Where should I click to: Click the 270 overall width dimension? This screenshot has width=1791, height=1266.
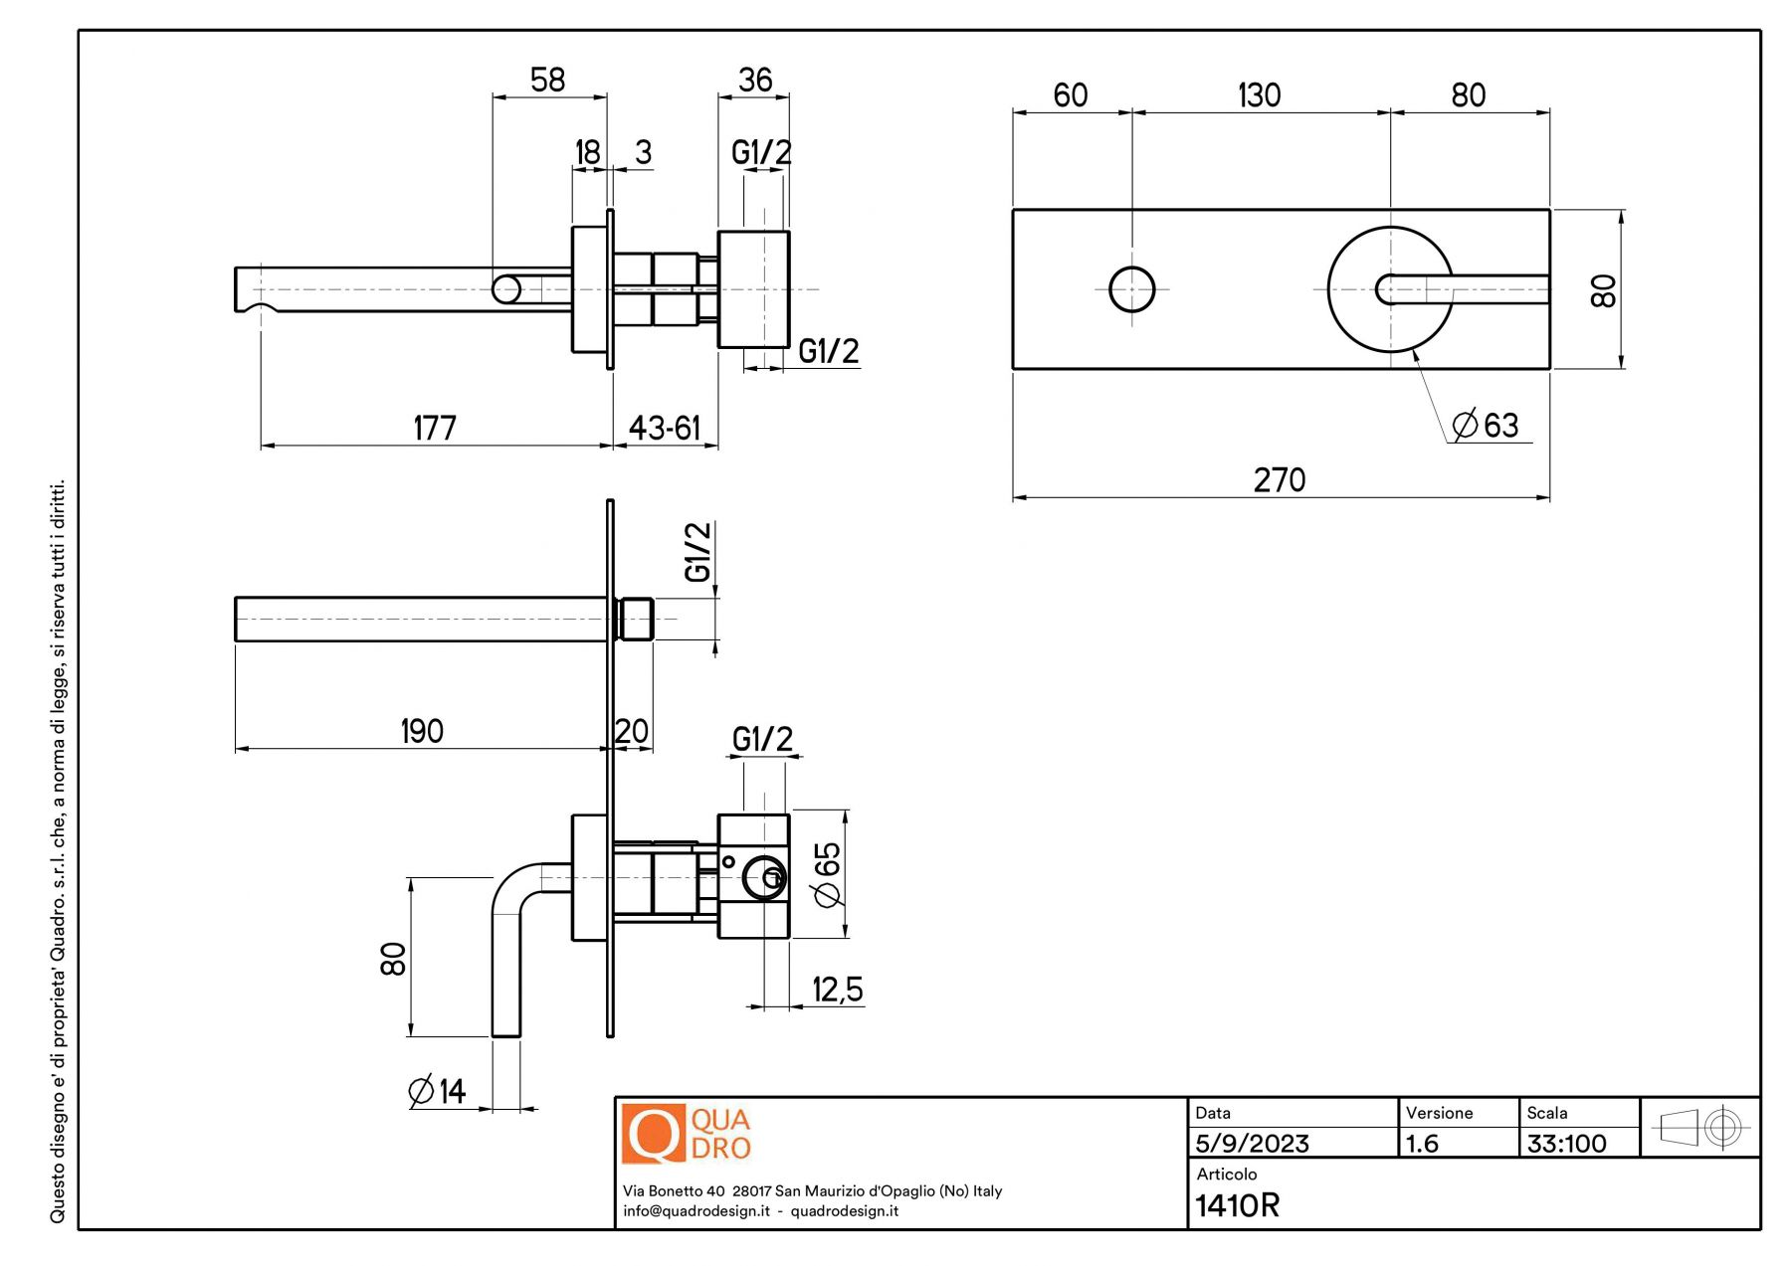(1279, 480)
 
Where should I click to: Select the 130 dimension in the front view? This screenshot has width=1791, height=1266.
(1259, 95)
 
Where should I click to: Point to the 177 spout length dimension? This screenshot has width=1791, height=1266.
(435, 429)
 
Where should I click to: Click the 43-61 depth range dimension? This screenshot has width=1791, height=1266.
(665, 429)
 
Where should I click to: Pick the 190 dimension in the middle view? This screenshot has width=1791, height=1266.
(422, 732)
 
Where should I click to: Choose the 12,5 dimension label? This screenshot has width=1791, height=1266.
(838, 990)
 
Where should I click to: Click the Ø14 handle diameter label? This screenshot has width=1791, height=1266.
(438, 1091)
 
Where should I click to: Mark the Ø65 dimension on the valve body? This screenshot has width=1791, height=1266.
(828, 874)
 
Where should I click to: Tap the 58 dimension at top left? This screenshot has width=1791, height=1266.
(547, 80)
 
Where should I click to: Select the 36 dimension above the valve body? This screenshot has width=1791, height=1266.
(755, 80)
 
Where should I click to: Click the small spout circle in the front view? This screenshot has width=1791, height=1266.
(1131, 289)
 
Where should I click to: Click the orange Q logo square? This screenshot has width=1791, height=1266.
(653, 1134)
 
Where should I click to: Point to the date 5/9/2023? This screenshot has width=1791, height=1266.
(1252, 1144)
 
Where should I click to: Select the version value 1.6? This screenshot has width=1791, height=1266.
(1422, 1144)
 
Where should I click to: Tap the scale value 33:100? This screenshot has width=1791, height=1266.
(1566, 1144)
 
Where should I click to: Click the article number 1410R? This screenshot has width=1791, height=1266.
(1238, 1205)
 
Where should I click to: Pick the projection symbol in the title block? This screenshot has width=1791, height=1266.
(1699, 1128)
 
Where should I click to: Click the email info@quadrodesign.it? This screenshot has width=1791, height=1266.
(696, 1211)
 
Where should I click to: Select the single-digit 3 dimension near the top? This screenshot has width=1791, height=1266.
(644, 152)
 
